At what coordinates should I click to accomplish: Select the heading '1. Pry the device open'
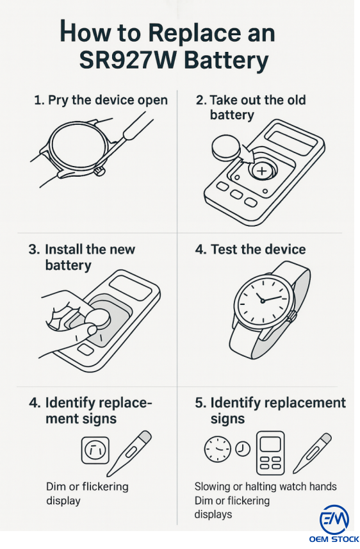tap(101, 100)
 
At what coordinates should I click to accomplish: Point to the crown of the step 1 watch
tap(99, 171)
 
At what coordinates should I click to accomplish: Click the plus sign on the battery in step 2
tap(261, 171)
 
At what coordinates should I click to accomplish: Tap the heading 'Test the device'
tap(258, 249)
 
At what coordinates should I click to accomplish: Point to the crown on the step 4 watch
tap(291, 315)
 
